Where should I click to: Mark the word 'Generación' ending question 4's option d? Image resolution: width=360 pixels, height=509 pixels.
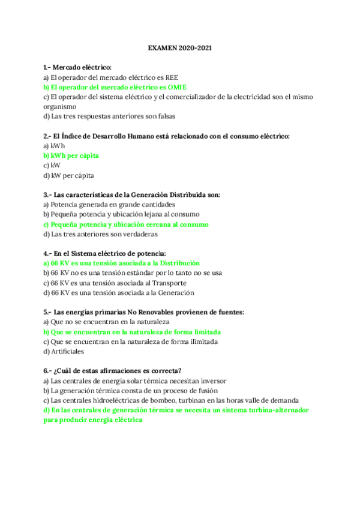(176, 292)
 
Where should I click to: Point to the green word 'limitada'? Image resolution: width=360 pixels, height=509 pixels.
(204, 331)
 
